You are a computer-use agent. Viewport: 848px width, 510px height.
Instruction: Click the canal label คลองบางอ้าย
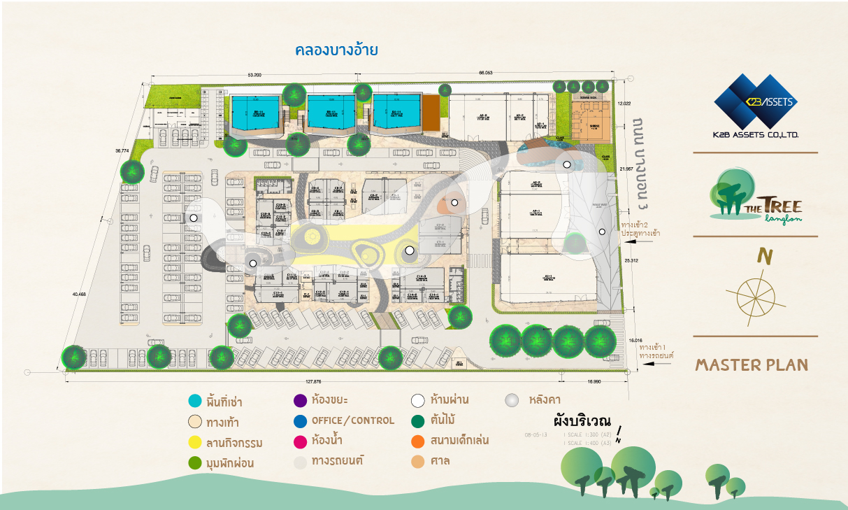(x=336, y=50)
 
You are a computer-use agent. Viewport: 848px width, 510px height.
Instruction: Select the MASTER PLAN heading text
(x=752, y=364)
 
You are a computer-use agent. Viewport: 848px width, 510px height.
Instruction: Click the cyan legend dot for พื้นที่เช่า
(x=195, y=402)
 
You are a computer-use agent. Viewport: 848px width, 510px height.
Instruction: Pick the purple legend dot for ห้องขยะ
(x=301, y=401)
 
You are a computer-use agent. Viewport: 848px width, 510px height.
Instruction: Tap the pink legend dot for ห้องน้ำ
(x=301, y=441)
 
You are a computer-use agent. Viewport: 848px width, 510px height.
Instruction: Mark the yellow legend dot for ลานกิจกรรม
(x=195, y=442)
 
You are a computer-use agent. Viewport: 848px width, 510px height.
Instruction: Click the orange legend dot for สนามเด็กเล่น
(x=418, y=441)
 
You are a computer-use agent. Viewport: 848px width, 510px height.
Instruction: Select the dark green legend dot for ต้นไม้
(x=418, y=421)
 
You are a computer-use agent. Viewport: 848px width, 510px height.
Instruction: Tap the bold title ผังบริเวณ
(x=582, y=422)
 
